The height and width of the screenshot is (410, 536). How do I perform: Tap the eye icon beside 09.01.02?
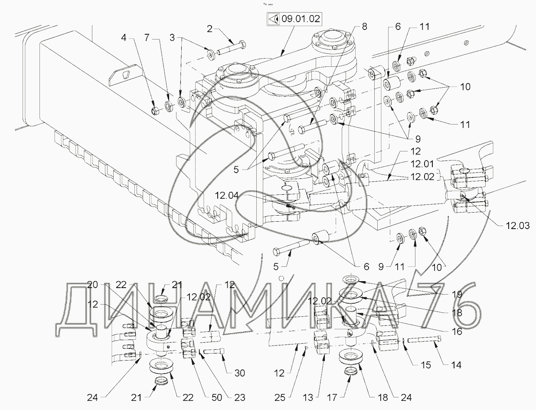tap(273, 19)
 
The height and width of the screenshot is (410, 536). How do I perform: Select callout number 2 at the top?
tap(210, 30)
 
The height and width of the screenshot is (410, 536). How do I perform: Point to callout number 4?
tap(124, 38)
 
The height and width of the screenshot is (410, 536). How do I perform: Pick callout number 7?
tap(147, 38)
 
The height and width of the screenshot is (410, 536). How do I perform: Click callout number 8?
tap(364, 26)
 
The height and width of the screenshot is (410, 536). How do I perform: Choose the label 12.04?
tap(226, 196)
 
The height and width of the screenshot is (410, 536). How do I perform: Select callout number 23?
tap(239, 397)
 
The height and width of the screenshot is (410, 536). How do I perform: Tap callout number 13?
tap(320, 397)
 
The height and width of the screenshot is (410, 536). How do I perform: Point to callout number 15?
tap(426, 365)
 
